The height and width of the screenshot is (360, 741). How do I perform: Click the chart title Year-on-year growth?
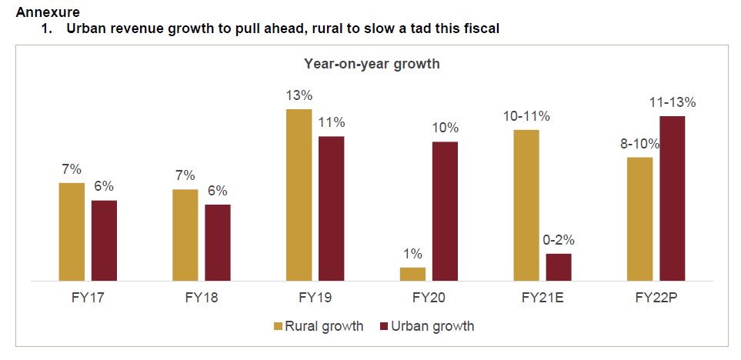[372, 64]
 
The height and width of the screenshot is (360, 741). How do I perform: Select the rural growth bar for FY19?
[299, 195]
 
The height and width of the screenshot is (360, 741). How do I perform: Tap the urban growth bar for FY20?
[445, 212]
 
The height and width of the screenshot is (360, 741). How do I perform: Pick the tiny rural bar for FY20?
[412, 274]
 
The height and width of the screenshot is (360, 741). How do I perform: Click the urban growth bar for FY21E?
[559, 267]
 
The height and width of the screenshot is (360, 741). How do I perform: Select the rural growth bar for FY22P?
[640, 219]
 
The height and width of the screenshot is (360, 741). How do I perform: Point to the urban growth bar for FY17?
[104, 241]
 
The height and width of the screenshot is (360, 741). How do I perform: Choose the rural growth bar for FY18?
[185, 235]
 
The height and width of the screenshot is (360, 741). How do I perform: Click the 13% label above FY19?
[299, 96]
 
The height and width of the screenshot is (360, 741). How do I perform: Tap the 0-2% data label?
[559, 240]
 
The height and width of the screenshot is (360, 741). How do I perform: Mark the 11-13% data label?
[673, 102]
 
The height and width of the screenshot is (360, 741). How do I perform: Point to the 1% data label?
[412, 254]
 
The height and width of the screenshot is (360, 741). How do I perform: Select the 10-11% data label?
[526, 116]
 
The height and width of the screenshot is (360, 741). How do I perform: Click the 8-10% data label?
[640, 144]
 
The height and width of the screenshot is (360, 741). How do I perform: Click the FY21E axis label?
[542, 298]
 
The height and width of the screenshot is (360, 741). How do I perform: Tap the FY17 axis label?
[87, 298]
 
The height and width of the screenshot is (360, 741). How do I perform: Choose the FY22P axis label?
[656, 298]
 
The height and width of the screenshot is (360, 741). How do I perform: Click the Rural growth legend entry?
[318, 326]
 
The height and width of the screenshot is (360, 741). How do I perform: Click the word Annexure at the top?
[47, 13]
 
